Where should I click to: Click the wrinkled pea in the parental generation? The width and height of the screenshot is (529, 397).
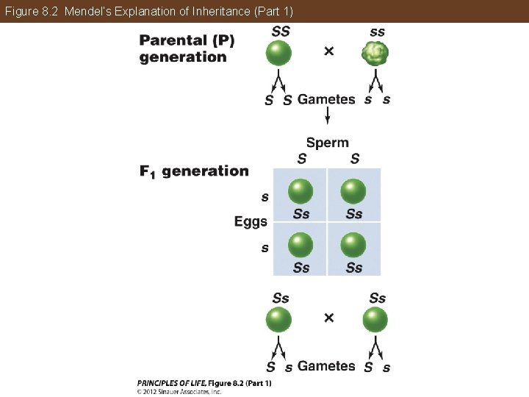coord(375,53)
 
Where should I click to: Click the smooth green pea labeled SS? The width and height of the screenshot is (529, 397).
coord(278,53)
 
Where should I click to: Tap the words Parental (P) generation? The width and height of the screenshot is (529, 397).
coord(187,48)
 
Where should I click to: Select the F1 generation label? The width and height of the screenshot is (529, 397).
coord(194,171)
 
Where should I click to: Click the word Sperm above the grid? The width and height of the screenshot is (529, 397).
coord(327,143)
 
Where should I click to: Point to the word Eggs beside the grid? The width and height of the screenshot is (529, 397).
coord(251,221)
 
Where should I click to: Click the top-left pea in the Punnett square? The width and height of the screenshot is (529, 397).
coord(300,191)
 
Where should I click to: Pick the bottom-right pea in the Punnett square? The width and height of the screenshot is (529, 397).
coord(353,244)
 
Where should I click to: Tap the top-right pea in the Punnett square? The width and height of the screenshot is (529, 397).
coord(353,191)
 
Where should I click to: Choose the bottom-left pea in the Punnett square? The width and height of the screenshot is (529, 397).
coord(300,244)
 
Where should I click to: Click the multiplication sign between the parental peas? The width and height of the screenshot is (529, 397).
coord(328,51)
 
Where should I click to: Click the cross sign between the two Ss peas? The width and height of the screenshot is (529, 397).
coord(328,318)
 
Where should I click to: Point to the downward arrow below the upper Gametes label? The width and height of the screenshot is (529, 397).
coord(328,116)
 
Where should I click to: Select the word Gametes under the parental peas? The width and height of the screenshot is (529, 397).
coord(326,99)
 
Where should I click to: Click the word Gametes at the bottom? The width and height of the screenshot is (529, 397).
coord(326,365)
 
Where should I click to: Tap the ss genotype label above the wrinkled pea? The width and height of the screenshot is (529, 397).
coord(377,32)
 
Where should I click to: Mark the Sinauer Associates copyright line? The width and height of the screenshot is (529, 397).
coord(179,392)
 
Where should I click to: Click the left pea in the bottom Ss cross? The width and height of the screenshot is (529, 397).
coord(278,320)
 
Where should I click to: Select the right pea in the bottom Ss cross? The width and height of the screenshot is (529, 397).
coord(375,320)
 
